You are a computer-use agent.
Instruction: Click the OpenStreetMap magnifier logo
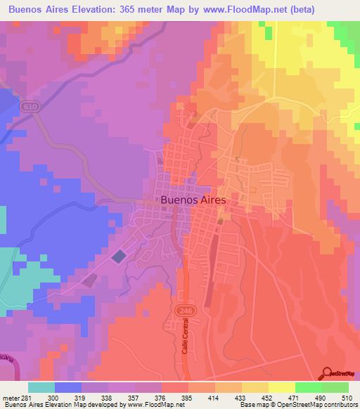pos(328,374)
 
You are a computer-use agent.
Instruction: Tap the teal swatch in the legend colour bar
pos(41,387)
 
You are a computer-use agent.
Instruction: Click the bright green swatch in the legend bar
pos(309,387)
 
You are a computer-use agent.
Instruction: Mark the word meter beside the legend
pos(11,398)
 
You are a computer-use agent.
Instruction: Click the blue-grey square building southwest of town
pos(119,257)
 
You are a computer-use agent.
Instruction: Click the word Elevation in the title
pos(88,9)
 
